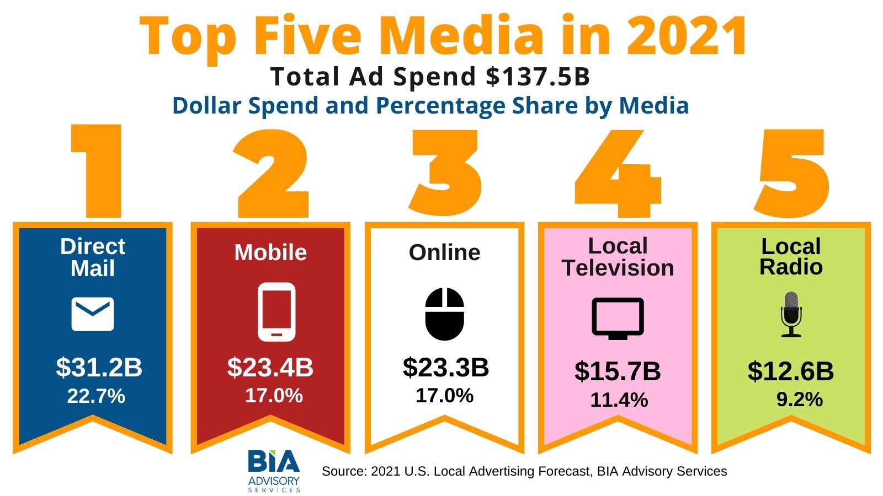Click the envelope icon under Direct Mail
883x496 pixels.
point(93,314)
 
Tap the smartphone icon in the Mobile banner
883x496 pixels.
point(276,311)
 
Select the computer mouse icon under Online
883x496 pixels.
point(445,314)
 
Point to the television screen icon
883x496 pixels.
point(618,318)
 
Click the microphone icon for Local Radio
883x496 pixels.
point(791,314)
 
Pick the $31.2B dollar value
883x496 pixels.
point(99,367)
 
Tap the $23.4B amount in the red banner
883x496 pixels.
point(270,367)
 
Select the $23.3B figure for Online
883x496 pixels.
point(446,367)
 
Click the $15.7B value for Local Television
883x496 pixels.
point(618,371)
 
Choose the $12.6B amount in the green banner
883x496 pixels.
point(791,371)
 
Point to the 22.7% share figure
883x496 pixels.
point(96,396)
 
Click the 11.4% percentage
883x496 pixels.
point(619,400)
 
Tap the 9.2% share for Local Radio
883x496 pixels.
point(799,399)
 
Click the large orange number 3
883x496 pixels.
point(445,172)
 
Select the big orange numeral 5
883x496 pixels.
point(792,172)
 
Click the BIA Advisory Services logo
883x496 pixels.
point(274,470)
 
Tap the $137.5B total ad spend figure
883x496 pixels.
point(538,77)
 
